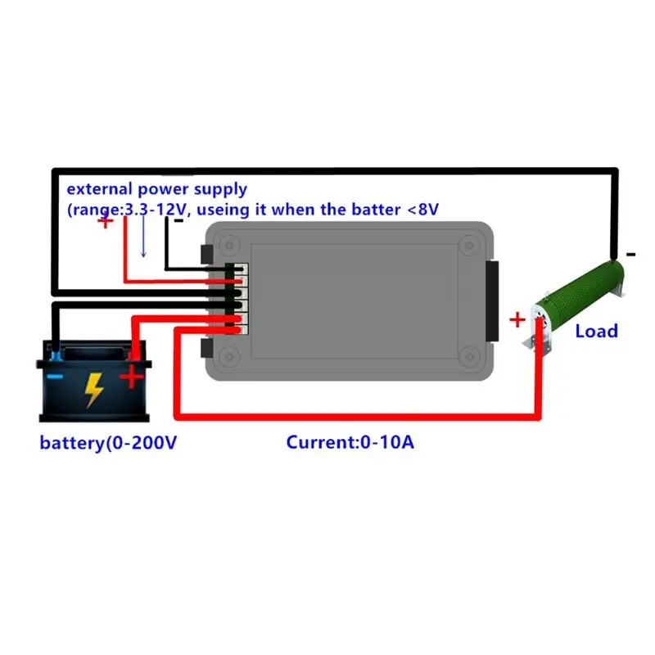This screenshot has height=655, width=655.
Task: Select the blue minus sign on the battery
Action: (54, 376)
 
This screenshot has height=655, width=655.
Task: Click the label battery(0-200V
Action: (108, 443)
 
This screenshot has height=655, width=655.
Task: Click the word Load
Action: (596, 331)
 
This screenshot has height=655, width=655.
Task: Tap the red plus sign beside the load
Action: (517, 319)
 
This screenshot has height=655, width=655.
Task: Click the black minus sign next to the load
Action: (630, 255)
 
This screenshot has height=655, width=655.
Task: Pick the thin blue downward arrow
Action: (143, 237)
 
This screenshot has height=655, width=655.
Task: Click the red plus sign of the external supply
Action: (106, 220)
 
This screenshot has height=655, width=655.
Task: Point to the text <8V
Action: (422, 209)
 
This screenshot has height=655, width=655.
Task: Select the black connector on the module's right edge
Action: (491, 302)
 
